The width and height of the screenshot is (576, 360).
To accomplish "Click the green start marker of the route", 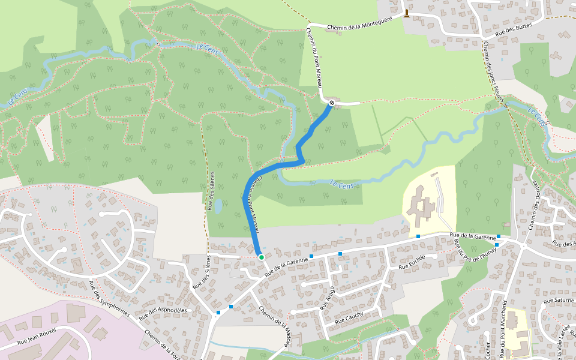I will (x=261, y=257).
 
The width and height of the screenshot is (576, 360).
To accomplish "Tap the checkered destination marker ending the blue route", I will (x=331, y=103).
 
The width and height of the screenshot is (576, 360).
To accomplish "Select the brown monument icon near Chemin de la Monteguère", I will (x=407, y=14).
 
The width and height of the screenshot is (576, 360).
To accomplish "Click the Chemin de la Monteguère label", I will (x=359, y=23).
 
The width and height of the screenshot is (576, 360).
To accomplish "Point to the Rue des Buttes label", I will (x=514, y=32).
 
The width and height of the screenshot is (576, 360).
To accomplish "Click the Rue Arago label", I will (x=328, y=297).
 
